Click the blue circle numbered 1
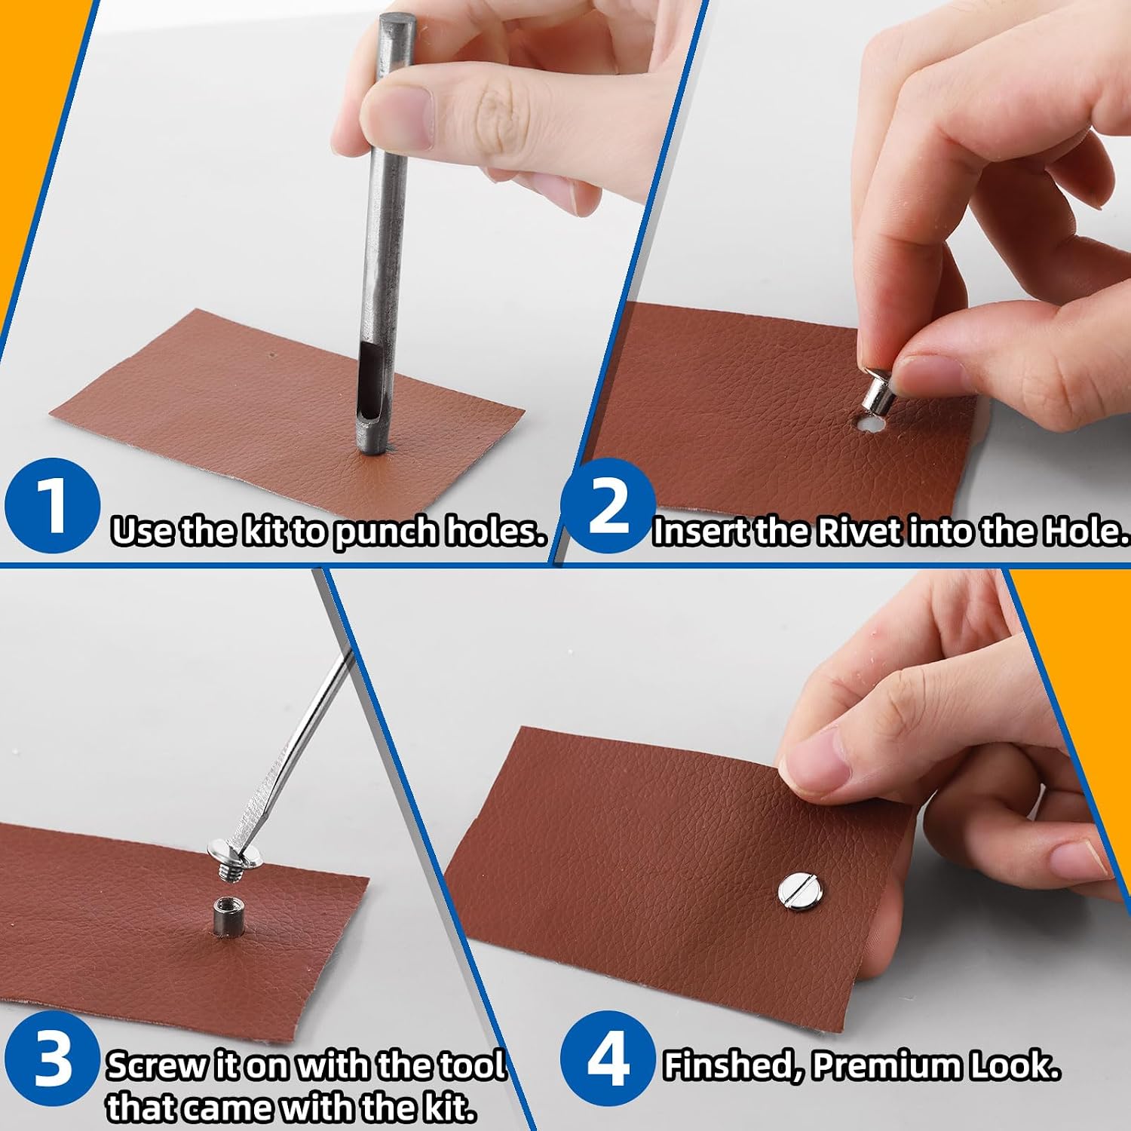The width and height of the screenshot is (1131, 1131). [53, 505]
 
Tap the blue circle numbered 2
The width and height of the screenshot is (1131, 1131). [608, 505]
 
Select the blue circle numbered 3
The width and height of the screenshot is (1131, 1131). [53, 1059]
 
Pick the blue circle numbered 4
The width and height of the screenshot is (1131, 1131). [608, 1059]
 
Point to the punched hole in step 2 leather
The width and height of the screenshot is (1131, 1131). [867, 426]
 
